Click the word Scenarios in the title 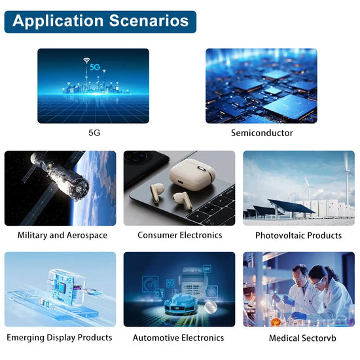point(143,21)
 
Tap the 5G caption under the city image point(94,133)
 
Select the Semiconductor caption point(262,133)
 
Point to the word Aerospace point(87,235)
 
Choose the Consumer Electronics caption point(179,235)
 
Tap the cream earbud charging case point(190,175)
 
